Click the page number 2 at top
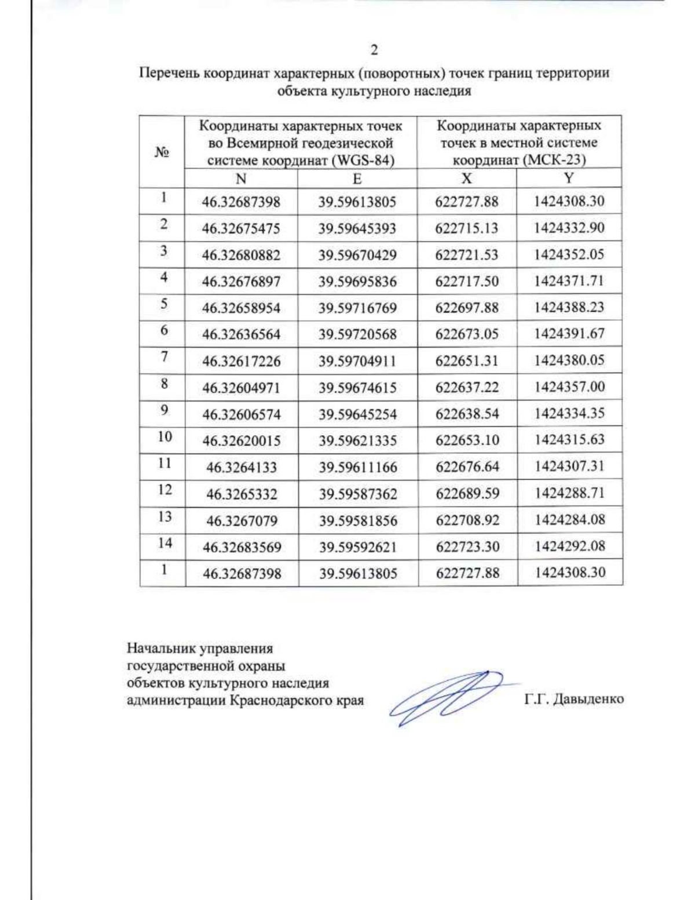[374, 50]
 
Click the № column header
[162, 152]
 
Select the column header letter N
[241, 178]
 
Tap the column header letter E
[357, 178]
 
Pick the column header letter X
[466, 178]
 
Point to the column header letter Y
[569, 178]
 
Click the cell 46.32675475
[241, 228]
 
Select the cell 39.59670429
[357, 255]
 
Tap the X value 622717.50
[467, 281]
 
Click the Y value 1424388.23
[569, 307]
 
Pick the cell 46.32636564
[241, 334]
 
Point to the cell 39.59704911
[357, 361]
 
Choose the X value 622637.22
[467, 387]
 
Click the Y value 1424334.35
[569, 413]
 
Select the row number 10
[164, 436]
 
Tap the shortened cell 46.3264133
[242, 467]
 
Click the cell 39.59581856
[358, 520]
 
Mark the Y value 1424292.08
[570, 546]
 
